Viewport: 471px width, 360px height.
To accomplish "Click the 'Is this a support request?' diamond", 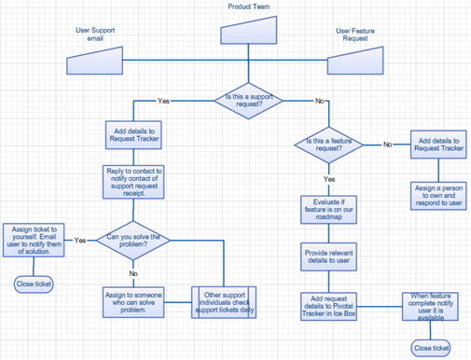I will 249,100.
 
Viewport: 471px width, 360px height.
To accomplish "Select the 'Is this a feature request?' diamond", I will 329,145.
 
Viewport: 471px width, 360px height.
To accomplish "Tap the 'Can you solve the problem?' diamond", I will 133,242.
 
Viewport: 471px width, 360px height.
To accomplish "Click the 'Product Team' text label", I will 249,7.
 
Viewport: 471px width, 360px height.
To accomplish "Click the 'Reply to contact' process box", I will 133,182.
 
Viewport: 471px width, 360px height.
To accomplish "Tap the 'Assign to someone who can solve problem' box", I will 133,303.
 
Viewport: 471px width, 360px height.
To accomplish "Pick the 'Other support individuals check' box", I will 224,303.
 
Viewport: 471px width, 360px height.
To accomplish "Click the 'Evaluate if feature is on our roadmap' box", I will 328,212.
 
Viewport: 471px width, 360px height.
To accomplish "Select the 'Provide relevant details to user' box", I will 328,257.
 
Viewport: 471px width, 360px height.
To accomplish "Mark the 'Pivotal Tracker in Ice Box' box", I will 328,307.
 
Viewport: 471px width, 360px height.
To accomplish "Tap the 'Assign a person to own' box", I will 437,195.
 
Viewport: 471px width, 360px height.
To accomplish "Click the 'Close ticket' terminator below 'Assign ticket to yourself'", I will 33,284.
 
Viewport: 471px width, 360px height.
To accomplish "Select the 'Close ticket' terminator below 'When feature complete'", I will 431,348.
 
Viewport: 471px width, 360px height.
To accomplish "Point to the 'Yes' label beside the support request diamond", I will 164,100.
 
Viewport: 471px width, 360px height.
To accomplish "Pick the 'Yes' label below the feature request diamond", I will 329,178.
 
